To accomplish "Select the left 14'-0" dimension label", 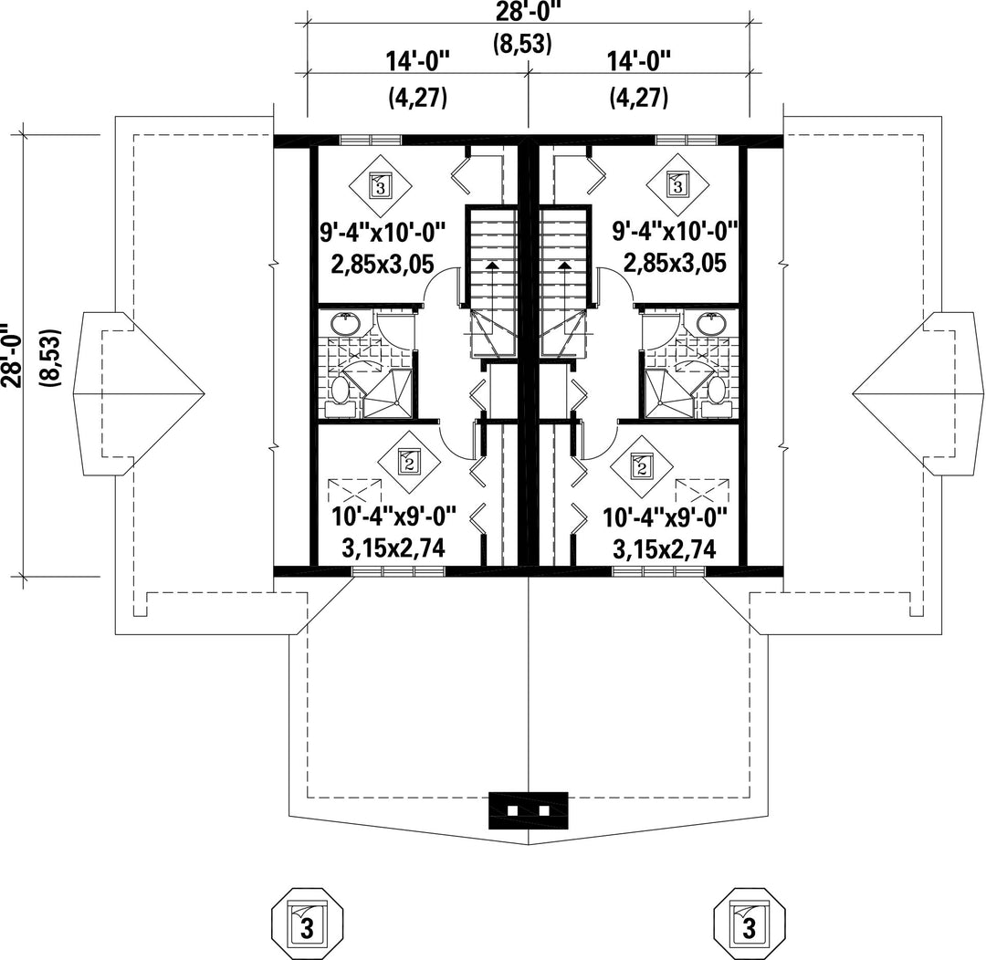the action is [x=418, y=62].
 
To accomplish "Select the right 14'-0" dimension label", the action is [x=639, y=62].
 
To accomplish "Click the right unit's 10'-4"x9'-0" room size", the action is [x=666, y=518].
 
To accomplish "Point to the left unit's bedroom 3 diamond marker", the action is [x=381, y=186].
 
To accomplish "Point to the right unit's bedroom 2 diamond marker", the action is [x=642, y=465].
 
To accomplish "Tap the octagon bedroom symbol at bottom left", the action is [x=307, y=923].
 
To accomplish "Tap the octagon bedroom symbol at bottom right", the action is [x=750, y=923].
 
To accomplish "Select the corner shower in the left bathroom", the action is [x=388, y=393].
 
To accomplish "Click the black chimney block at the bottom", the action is [x=529, y=810].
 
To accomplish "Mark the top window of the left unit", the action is [x=371, y=140].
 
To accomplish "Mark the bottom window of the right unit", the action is [x=658, y=571].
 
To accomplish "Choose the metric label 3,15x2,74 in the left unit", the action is [x=393, y=548].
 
